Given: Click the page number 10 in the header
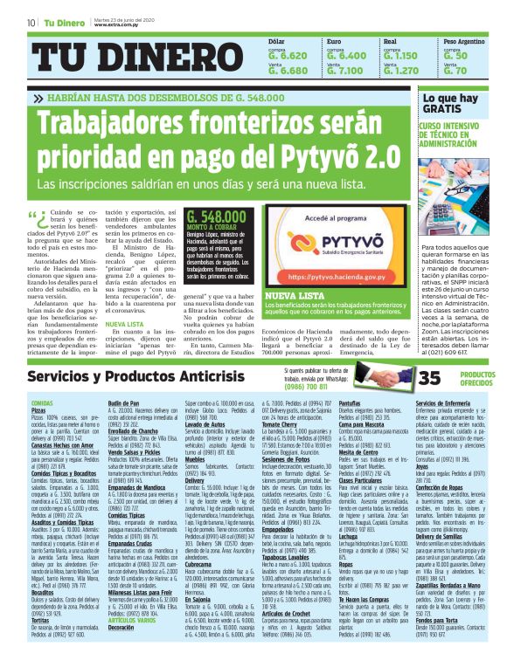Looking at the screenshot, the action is coord(31,22).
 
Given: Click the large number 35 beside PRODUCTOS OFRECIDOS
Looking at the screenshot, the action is coord(430,377).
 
